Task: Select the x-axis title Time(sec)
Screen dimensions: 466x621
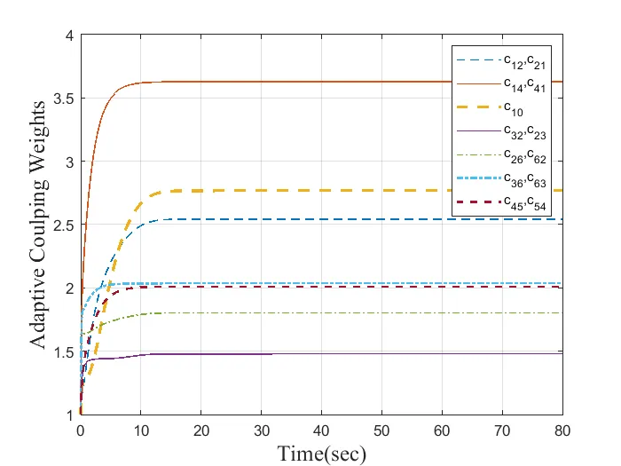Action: [x=321, y=453]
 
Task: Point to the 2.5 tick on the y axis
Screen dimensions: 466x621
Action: [x=64, y=225]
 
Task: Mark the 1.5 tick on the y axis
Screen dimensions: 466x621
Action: [x=64, y=352]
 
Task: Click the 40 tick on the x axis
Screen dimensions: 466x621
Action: [x=321, y=429]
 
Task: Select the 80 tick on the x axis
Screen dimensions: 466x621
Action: [x=562, y=429]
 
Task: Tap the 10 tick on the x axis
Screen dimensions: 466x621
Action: [x=141, y=429]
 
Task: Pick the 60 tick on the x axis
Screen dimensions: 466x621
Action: [x=442, y=429]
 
